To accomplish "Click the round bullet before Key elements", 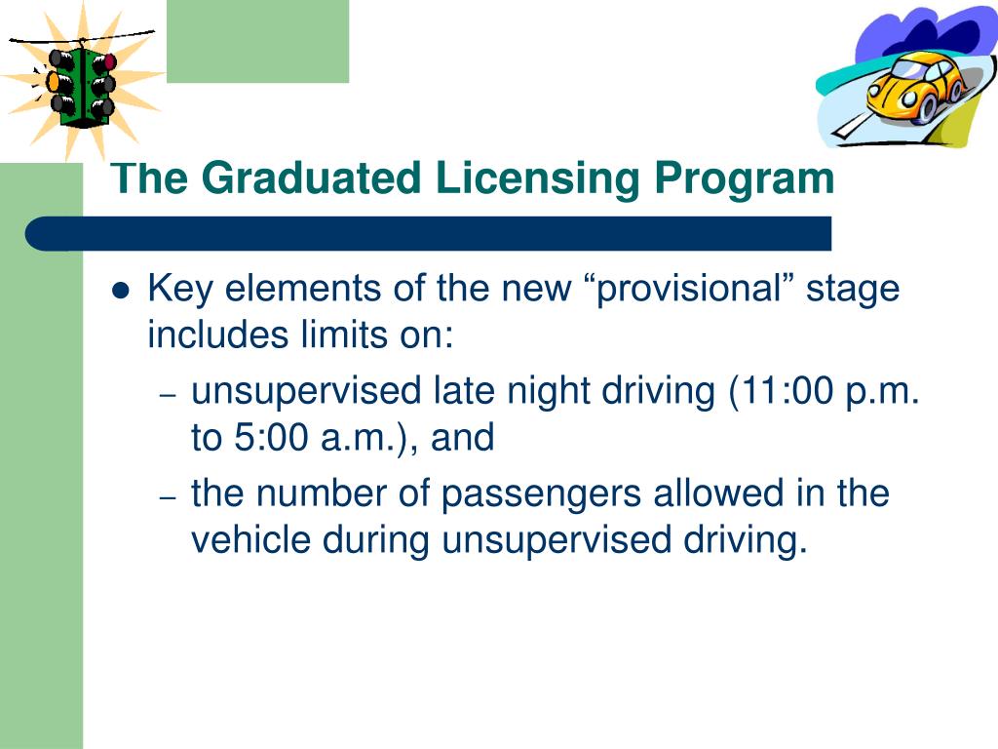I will pos(121,291).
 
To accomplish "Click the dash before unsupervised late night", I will pos(168,395).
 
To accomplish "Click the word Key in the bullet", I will pos(176,291).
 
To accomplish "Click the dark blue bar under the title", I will pos(429,234).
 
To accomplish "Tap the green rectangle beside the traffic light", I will pos(257,41).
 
